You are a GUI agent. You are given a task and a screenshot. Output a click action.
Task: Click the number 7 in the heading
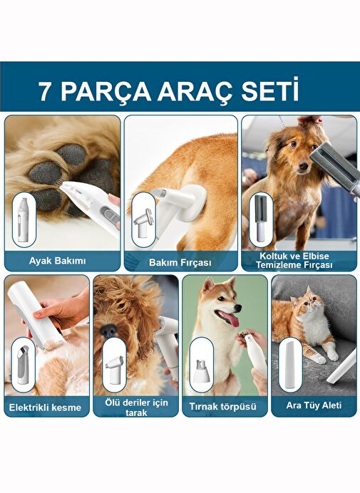pos(45,92)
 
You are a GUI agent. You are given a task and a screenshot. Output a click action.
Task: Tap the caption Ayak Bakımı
pos(57,261)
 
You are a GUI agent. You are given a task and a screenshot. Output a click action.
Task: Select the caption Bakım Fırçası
pos(180,262)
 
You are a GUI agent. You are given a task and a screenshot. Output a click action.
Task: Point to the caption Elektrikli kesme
pos(45,408)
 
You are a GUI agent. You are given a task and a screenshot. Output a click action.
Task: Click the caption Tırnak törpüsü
pos(223,407)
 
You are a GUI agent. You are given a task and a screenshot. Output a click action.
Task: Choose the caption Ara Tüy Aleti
pos(314,405)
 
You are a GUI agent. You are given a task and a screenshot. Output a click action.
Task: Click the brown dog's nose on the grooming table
pos(303,166)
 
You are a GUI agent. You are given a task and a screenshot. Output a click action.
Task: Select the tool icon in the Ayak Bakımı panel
pos(23,219)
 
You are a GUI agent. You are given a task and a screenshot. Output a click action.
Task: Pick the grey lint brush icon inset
pos(260,218)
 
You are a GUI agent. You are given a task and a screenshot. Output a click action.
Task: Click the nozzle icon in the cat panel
pos(290,365)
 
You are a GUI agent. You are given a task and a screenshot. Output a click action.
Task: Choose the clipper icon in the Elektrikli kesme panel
pos(24,365)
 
